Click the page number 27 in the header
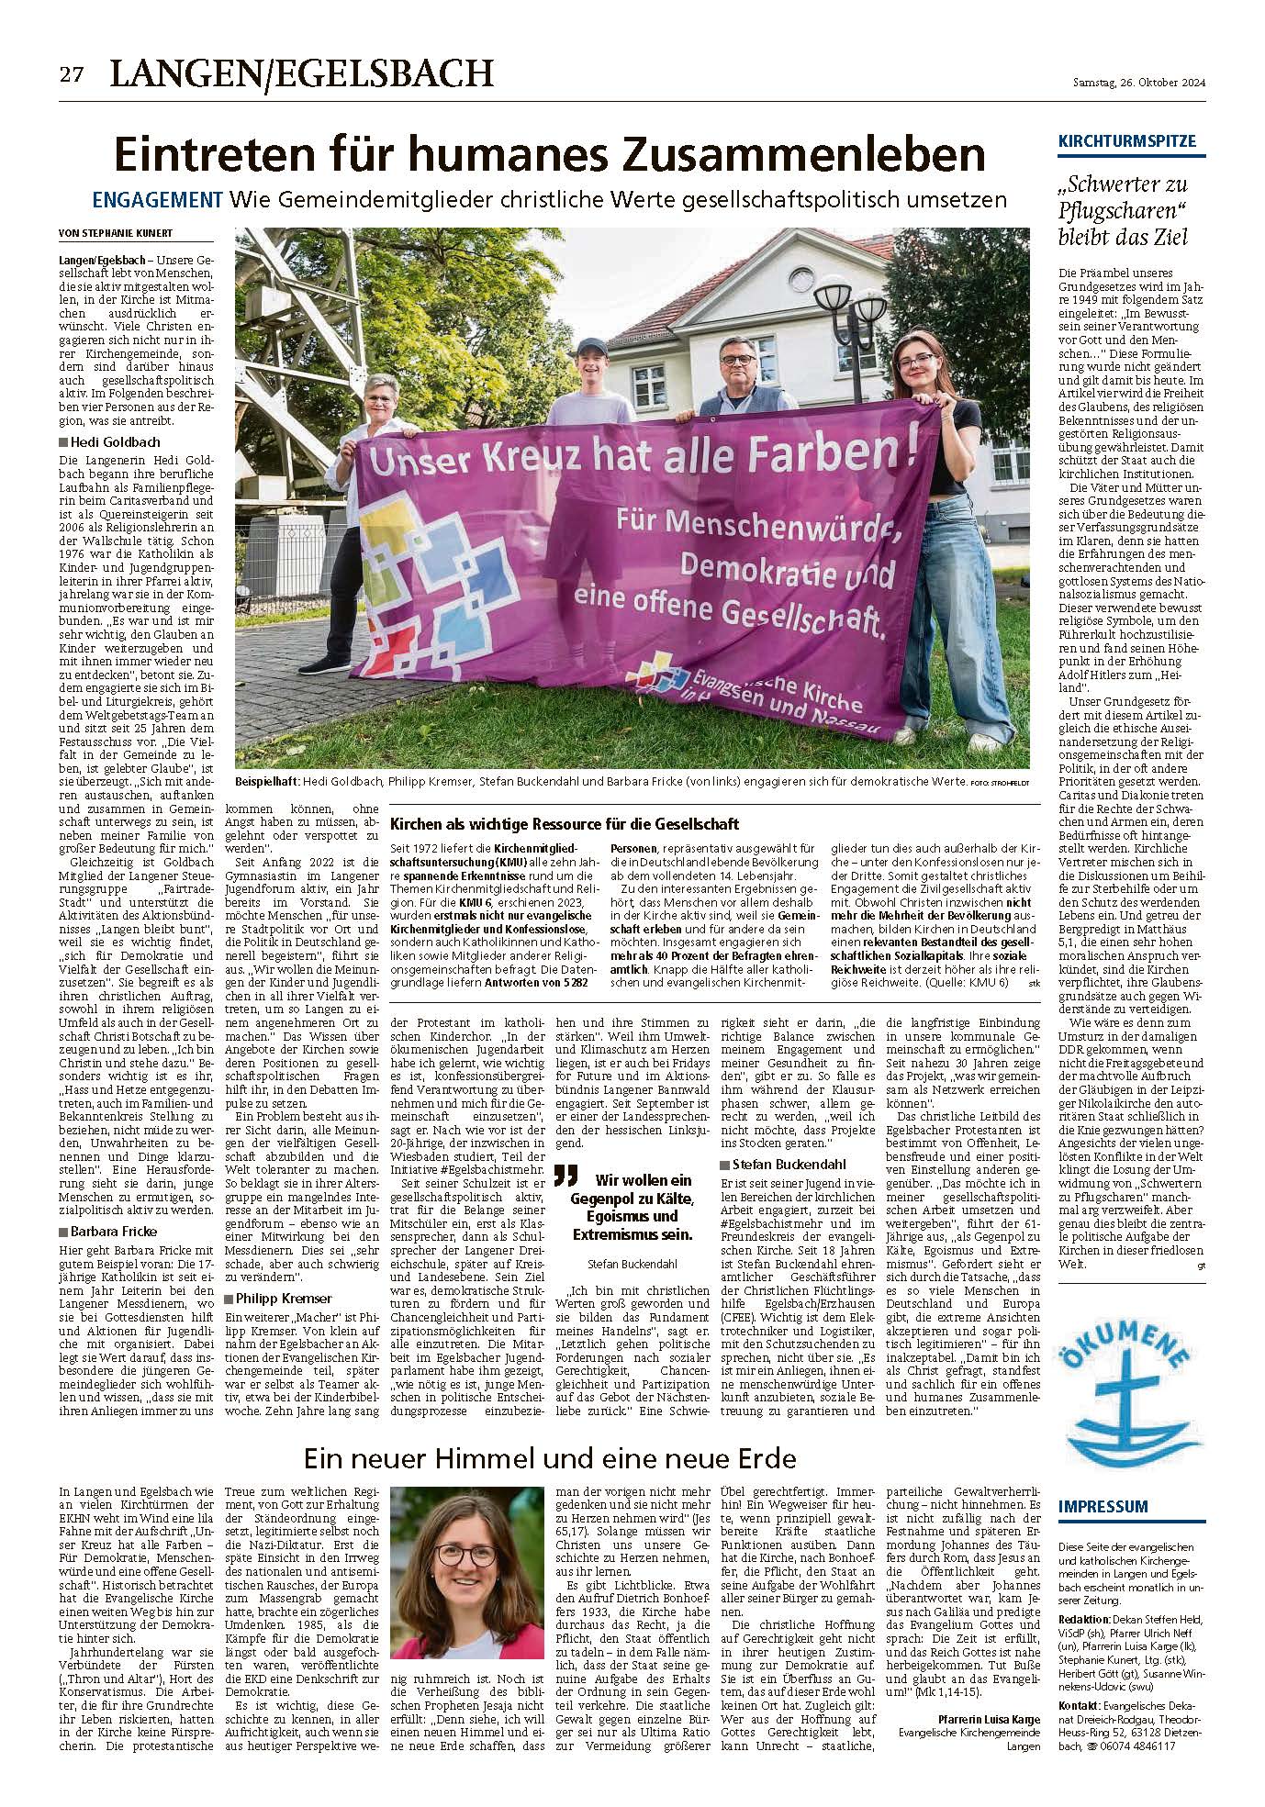(x=72, y=75)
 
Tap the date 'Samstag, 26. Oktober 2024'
(x=1138, y=84)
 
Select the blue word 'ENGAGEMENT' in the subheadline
(x=158, y=199)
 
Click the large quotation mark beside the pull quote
(x=567, y=1177)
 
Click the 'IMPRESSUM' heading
(x=1103, y=1506)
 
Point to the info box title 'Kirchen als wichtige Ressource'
(x=565, y=824)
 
